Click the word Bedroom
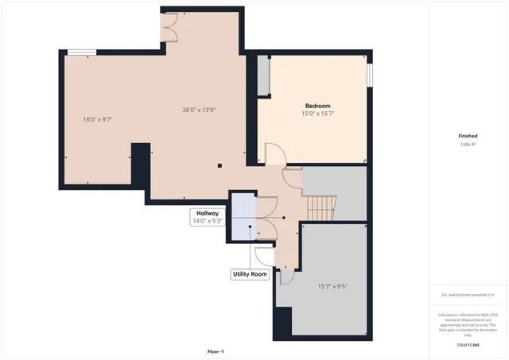(x=317, y=106)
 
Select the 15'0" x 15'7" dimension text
(x=317, y=114)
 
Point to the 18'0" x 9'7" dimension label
(x=98, y=119)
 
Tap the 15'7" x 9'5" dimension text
(x=332, y=287)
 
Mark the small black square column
(x=220, y=166)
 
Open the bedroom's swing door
(x=273, y=154)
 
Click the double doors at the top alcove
(x=169, y=29)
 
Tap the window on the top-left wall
(x=80, y=52)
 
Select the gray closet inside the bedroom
(x=262, y=77)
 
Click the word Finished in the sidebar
(x=468, y=136)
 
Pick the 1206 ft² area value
(x=468, y=145)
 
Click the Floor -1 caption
(x=216, y=351)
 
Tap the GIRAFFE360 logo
(x=468, y=345)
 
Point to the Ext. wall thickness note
(x=468, y=295)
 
